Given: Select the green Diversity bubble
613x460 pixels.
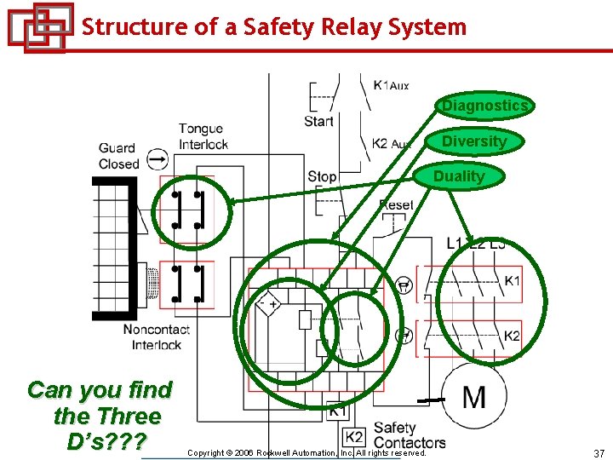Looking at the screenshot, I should click(475, 141).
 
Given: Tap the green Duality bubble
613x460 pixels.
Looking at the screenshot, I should click(459, 176).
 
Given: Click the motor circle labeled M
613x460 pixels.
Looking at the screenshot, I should click(474, 396).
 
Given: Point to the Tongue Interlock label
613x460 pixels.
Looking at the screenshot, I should click(203, 136).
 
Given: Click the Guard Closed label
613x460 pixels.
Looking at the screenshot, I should click(118, 156).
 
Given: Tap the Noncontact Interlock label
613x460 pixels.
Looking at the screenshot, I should click(156, 337).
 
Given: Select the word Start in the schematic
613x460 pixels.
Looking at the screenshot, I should click(318, 121).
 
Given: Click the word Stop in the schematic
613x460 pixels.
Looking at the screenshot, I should click(322, 176).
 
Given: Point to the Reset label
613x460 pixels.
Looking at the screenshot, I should click(396, 205).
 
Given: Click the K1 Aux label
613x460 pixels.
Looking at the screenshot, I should click(391, 85).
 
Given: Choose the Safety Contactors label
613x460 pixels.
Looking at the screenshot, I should click(409, 435).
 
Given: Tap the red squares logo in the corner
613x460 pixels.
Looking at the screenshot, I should click(38, 27).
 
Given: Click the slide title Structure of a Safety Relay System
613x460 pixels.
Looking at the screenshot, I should click(274, 26).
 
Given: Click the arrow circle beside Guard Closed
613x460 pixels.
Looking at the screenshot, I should click(158, 158).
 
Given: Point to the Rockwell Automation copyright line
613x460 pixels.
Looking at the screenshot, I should click(306, 453).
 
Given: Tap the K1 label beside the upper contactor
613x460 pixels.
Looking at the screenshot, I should click(512, 281).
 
